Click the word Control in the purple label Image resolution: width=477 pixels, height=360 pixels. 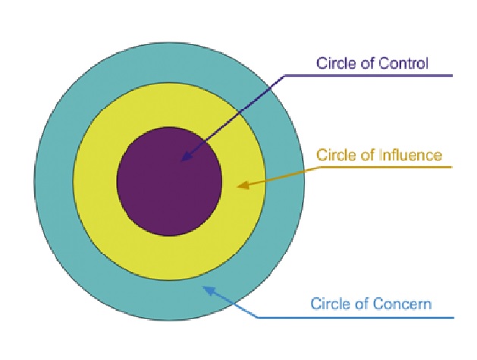406,63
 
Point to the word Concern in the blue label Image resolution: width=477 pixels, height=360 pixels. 406,304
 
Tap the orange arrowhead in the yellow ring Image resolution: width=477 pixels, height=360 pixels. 242,185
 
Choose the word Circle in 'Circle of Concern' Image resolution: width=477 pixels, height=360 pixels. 331,304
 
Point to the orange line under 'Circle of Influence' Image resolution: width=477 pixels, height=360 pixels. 379,167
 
